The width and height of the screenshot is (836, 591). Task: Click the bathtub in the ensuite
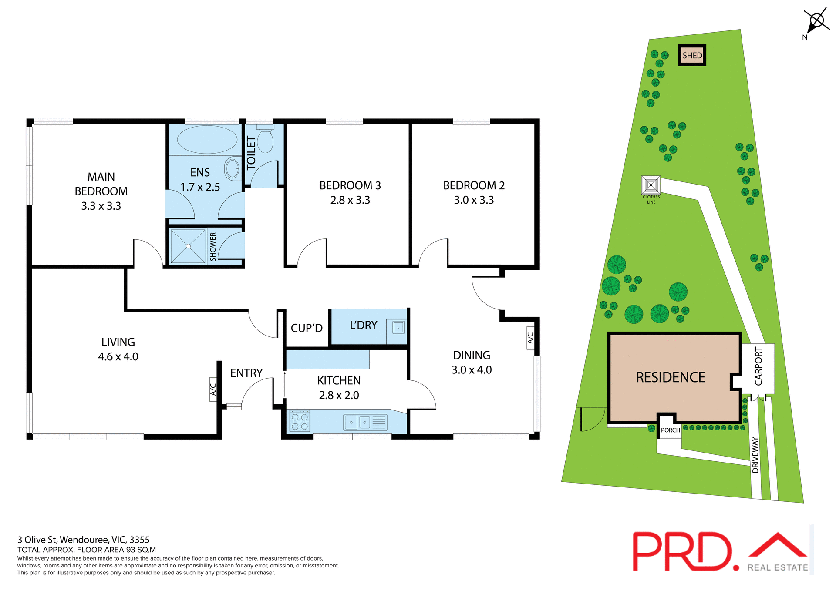[x=207, y=139]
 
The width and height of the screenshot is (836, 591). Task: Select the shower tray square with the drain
[x=188, y=246]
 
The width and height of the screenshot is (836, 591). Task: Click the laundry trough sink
[x=398, y=327]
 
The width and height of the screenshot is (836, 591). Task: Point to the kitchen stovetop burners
[x=300, y=421]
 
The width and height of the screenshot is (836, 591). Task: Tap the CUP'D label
[x=307, y=328]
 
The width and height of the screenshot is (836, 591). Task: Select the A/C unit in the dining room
[x=530, y=338]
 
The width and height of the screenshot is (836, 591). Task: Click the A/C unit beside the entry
[x=213, y=389]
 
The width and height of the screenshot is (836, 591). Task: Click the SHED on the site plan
[x=692, y=55]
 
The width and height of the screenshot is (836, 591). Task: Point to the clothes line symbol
[x=651, y=185]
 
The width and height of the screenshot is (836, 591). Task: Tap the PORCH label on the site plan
[x=670, y=430]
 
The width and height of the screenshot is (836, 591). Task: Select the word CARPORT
[x=758, y=366]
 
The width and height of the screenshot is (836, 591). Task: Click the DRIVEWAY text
[x=755, y=455]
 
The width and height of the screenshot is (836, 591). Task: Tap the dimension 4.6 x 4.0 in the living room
[x=118, y=357]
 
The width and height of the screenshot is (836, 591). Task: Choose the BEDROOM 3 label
[x=350, y=186]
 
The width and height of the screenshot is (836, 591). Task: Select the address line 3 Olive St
[x=83, y=540]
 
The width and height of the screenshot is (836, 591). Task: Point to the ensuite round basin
[x=232, y=168]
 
